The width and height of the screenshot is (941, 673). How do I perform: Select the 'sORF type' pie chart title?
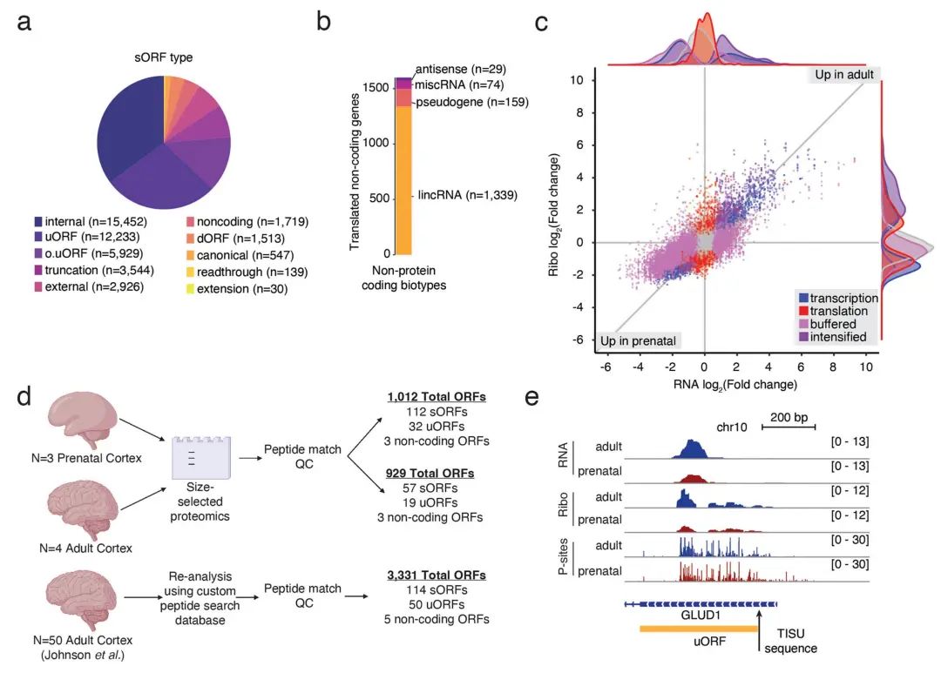pos(163,58)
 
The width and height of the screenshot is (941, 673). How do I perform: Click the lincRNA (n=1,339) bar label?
pos(469,195)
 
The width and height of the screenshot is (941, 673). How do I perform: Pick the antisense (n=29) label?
pos(460,68)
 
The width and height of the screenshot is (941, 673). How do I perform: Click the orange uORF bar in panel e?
pos(697,628)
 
